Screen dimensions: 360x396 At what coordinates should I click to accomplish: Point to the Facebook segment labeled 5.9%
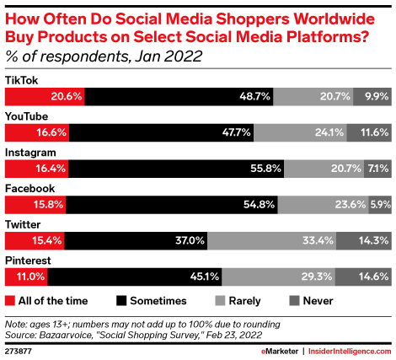[x=380, y=205]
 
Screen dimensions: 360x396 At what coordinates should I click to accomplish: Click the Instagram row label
[x=30, y=152]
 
